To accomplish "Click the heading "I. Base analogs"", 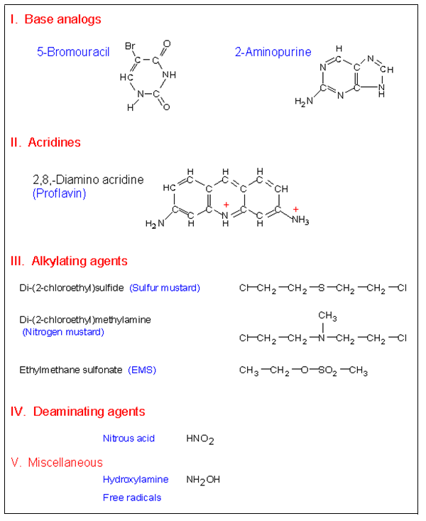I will coord(56,19).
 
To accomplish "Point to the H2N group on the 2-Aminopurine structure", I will coord(303,102).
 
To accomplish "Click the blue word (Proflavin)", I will coord(59,193).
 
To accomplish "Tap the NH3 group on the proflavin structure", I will coord(300,220).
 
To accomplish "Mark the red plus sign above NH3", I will coord(295,208).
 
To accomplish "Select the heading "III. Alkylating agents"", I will coord(70,261).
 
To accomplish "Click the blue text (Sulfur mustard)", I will coord(165,288).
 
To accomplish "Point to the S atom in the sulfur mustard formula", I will coord(321,288).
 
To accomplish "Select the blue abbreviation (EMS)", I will coord(142,370).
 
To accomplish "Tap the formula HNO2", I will coord(200,439).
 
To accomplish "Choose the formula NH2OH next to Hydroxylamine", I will coord(203,480).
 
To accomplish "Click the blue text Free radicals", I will coord(131,498).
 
